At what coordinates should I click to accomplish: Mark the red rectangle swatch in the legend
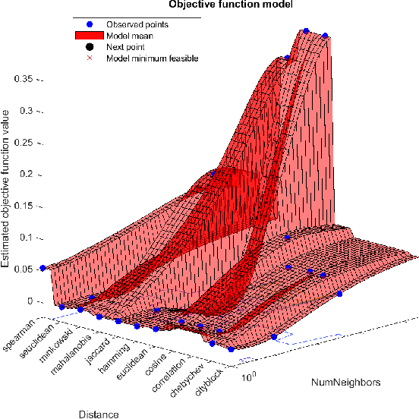pyautogui.click(x=90, y=36)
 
